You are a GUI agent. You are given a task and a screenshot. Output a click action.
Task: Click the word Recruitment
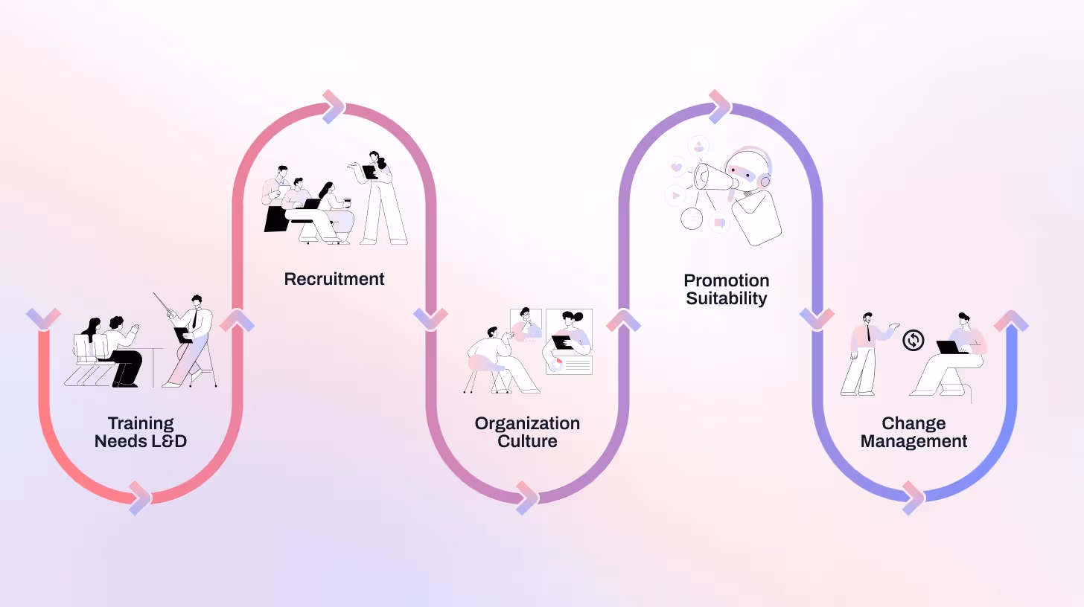(334, 279)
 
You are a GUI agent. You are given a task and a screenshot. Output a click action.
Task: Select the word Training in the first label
(141, 423)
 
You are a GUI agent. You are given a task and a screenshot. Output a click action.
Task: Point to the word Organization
(527, 423)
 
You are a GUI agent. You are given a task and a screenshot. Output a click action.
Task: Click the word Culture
(527, 441)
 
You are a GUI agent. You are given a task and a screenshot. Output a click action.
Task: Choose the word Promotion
(727, 280)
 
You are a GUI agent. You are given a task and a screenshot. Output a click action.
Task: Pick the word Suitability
(727, 298)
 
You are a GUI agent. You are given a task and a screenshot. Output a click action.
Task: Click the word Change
(914, 423)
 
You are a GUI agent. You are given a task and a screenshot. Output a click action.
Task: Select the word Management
(914, 441)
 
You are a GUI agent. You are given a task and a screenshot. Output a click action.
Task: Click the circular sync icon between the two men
(914, 341)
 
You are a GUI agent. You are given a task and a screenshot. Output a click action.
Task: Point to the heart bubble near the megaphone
(676, 167)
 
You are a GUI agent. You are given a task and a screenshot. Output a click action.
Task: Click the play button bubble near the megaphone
(675, 196)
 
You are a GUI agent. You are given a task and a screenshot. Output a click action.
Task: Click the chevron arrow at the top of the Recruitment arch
(334, 107)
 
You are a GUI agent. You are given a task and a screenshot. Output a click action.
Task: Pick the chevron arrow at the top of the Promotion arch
(720, 107)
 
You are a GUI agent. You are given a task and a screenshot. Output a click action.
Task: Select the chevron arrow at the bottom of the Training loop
(140, 498)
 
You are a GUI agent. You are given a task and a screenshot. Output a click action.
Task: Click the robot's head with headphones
(748, 170)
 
